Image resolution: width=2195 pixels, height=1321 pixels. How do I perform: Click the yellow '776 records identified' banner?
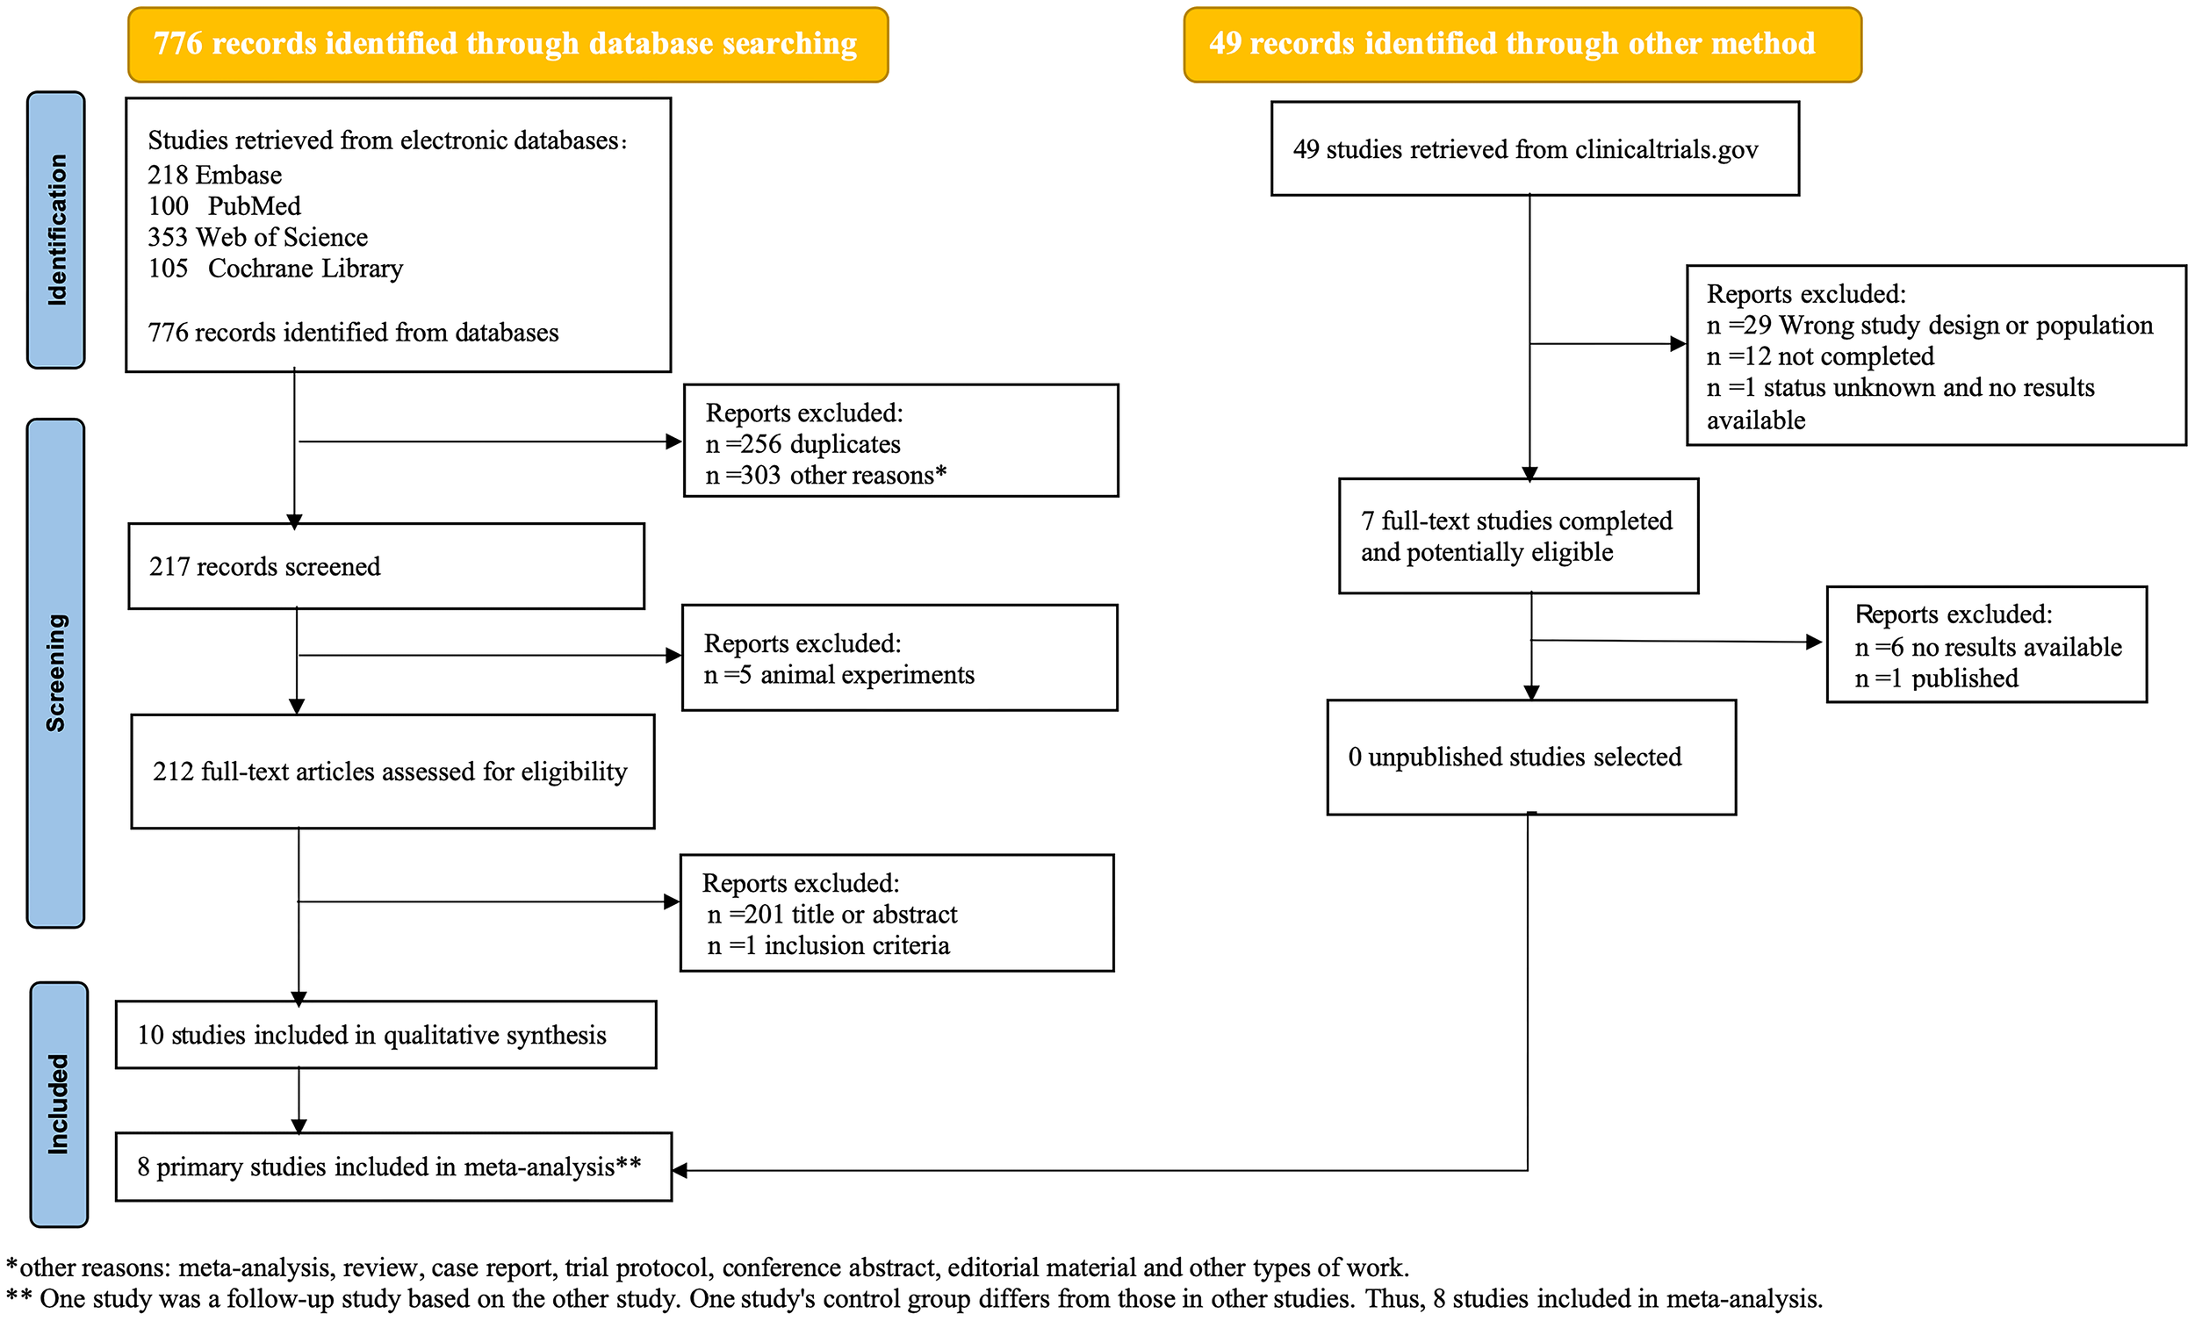pos(507,45)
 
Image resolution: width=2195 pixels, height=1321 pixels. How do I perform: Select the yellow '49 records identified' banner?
pos(1521,45)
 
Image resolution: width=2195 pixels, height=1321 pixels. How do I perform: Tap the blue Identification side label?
pos(56,230)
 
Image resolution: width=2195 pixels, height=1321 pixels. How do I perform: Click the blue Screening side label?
pos(56,673)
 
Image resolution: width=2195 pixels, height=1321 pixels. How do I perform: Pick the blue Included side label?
pos(59,1104)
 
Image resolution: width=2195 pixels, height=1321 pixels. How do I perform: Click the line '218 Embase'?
pos(214,176)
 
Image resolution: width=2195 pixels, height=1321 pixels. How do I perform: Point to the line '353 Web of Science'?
pos(257,238)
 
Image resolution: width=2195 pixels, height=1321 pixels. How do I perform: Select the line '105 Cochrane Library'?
pos(275,269)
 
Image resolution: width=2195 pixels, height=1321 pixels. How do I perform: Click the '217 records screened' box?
pos(385,566)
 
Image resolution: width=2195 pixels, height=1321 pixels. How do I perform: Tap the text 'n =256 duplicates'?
pos(802,444)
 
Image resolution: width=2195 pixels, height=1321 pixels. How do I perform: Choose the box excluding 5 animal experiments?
pos(898,657)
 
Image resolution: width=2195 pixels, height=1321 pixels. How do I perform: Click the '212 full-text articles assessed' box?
pos(392,771)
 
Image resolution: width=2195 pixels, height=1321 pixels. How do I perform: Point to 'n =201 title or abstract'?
pos(831,915)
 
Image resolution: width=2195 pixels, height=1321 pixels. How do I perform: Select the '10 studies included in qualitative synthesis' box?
pos(385,1034)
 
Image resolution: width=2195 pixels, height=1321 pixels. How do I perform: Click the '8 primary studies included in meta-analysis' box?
pos(392,1167)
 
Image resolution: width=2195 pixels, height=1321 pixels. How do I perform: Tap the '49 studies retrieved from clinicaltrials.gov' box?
pos(1533,148)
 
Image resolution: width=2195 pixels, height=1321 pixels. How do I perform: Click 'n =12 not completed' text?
pos(1819,357)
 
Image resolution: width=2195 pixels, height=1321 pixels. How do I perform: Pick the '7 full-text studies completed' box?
pos(1517,536)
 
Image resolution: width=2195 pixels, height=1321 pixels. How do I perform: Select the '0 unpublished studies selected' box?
pos(1529,757)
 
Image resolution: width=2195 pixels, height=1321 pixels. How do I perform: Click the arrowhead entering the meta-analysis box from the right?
pos(680,1171)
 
